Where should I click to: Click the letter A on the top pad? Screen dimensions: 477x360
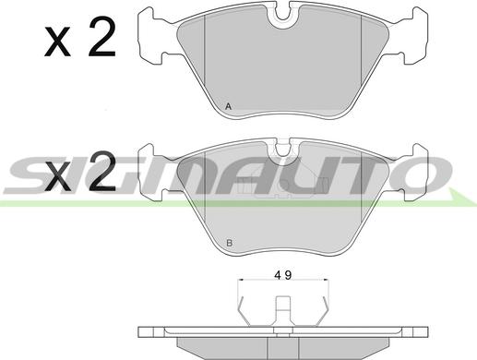[228, 107]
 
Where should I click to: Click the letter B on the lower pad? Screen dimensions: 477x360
[230, 244]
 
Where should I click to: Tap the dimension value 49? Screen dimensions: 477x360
[283, 275]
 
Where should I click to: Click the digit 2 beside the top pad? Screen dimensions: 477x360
[102, 37]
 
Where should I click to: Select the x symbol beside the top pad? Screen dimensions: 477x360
[57, 42]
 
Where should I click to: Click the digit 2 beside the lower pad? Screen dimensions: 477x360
[102, 171]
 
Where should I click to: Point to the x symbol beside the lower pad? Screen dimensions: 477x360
[57, 175]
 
